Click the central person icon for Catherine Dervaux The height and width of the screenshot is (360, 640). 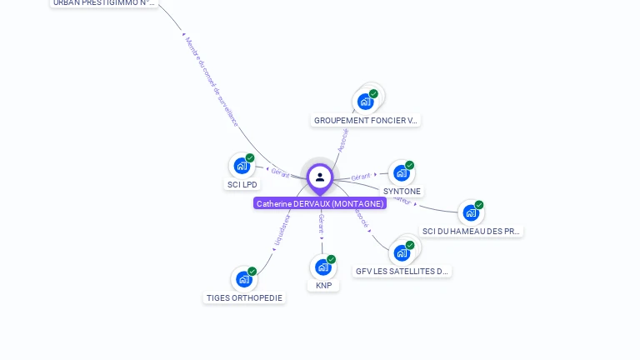tap(320, 177)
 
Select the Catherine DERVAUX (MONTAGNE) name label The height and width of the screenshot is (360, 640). tap(320, 203)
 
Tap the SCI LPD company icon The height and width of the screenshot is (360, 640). tap(242, 165)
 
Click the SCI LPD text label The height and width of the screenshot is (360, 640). tap(242, 185)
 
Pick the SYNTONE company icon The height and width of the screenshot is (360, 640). tap(401, 172)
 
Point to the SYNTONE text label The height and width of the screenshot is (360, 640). tap(402, 192)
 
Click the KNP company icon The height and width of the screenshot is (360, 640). tap(322, 267)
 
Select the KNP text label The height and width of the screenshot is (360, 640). tap(324, 286)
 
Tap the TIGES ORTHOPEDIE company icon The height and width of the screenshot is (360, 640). tap(243, 278)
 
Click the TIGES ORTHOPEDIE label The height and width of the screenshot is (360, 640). tap(244, 298)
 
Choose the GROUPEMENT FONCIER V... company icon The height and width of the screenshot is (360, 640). tap(365, 102)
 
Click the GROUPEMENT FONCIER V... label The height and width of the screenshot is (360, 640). tap(366, 121)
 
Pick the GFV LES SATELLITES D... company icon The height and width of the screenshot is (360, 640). tap(402, 252)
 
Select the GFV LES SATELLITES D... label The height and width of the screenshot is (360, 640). tap(402, 272)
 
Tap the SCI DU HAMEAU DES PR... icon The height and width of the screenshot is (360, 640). tap(471, 212)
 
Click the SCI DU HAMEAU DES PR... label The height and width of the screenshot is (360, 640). tap(472, 232)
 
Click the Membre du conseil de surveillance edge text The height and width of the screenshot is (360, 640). tap(211, 81)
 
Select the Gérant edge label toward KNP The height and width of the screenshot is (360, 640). tap(322, 223)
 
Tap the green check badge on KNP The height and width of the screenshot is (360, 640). tap(331, 259)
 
